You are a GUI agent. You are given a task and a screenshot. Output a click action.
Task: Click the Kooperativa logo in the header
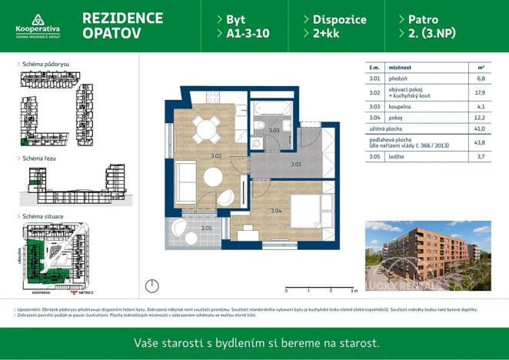tap(37, 25)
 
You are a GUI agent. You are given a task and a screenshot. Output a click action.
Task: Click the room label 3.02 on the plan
tap(216, 156)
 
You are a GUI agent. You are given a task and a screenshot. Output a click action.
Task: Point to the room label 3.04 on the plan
tap(276, 210)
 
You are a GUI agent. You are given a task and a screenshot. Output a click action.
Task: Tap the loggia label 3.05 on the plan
tap(206, 228)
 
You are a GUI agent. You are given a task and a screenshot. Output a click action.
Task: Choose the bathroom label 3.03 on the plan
tap(274, 131)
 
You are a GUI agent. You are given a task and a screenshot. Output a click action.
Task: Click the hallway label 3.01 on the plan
tap(296, 164)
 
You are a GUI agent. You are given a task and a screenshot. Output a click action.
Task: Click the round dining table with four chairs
tap(205, 128)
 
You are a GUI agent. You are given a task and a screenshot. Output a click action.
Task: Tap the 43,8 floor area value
tap(481, 142)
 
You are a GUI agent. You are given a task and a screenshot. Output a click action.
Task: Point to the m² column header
tap(481, 67)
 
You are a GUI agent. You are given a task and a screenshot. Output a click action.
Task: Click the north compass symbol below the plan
tap(152, 285)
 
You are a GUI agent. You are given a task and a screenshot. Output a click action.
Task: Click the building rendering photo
tap(427, 254)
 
